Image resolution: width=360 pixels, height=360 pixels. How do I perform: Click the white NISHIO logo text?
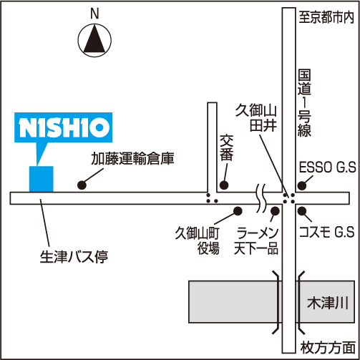pyautogui.click(x=64, y=127)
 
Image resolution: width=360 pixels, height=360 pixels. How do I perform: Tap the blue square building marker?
pyautogui.click(x=42, y=179)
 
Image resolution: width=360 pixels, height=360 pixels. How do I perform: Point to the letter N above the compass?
pyautogui.click(x=94, y=14)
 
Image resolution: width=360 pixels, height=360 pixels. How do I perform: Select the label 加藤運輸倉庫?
pyautogui.click(x=132, y=158)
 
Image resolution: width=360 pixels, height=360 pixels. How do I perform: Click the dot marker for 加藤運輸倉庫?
pyautogui.click(x=82, y=185)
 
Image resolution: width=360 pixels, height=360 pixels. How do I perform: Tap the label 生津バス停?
pyautogui.click(x=74, y=257)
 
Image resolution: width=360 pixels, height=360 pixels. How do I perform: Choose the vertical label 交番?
pyautogui.click(x=226, y=147)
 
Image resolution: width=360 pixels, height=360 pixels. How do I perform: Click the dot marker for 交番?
pyautogui.click(x=224, y=185)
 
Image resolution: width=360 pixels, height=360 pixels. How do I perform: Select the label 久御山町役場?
pyautogui.click(x=197, y=240)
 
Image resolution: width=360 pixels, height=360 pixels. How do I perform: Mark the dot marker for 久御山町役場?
pyautogui.click(x=238, y=210)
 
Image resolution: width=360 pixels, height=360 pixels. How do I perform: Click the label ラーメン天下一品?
pyautogui.click(x=256, y=240)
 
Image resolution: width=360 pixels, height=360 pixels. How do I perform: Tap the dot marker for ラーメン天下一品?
pyautogui.click(x=275, y=210)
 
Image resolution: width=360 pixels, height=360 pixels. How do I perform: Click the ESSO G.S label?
pyautogui.click(x=327, y=167)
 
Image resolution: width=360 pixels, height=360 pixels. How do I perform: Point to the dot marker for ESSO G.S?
pyautogui.click(x=302, y=185)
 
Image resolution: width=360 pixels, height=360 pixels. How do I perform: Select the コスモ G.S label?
pyautogui.click(x=327, y=232)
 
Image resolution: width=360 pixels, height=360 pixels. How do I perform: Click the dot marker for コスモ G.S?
pyautogui.click(x=302, y=210)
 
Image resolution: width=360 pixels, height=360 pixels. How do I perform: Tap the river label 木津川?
pyautogui.click(x=328, y=303)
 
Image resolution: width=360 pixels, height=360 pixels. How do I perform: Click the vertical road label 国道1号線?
pyautogui.click(x=304, y=103)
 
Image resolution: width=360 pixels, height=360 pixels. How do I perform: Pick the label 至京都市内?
pyautogui.click(x=326, y=17)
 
